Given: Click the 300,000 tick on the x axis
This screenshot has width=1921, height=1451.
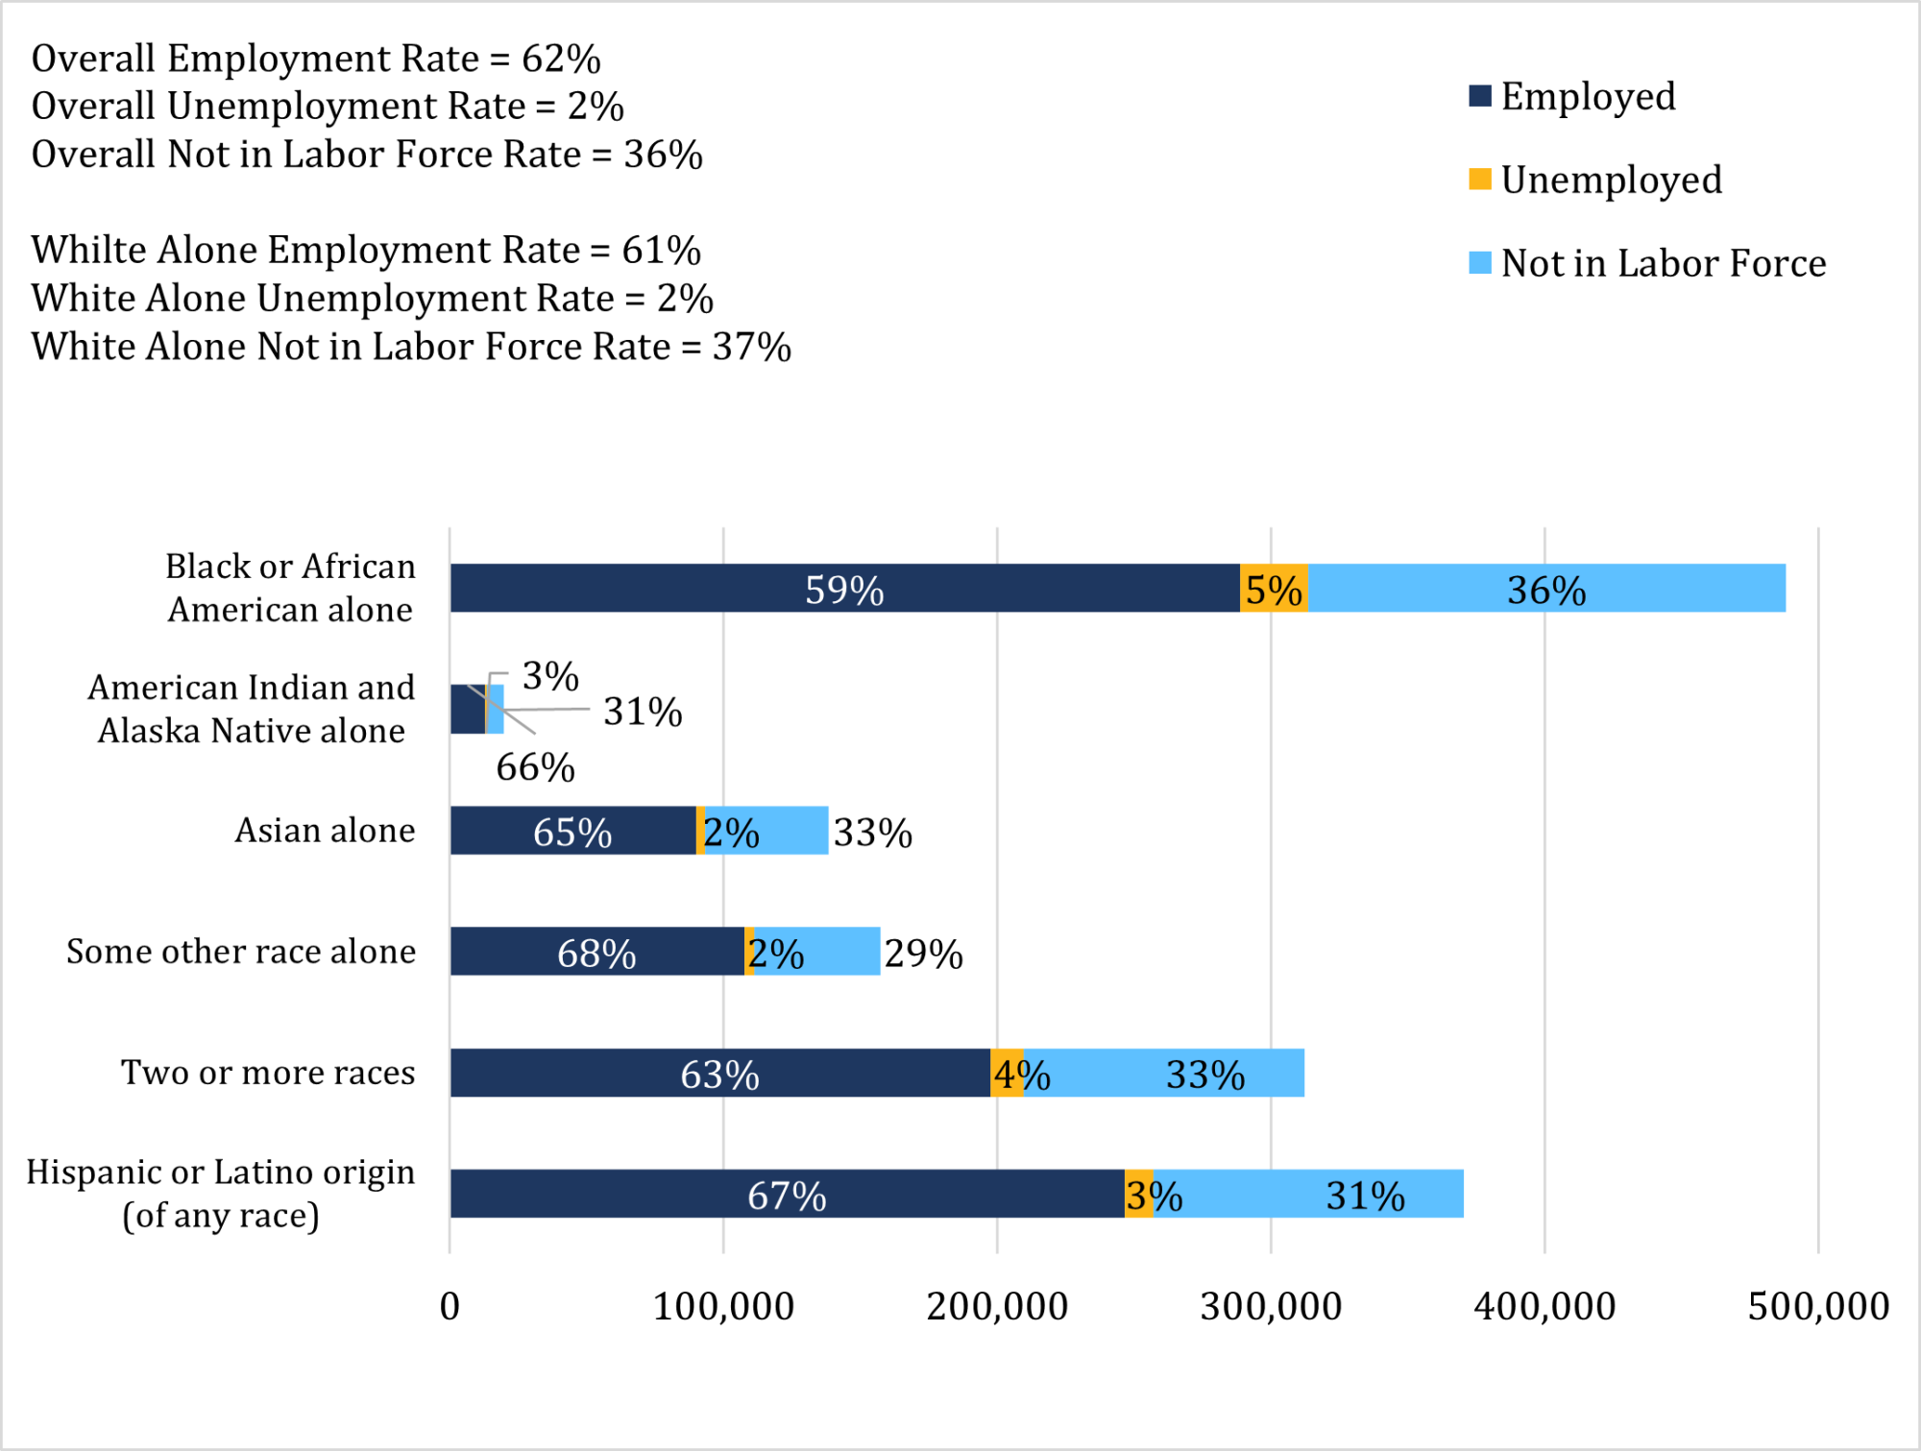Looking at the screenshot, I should click(1271, 1307).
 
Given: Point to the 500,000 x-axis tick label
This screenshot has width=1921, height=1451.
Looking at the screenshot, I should click(1817, 1307).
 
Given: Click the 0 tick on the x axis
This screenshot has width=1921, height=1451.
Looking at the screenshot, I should click(450, 1307).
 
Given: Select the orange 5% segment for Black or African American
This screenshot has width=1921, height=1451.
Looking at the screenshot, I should click(1274, 589).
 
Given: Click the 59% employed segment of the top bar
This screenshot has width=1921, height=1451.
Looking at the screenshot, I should click(843, 589).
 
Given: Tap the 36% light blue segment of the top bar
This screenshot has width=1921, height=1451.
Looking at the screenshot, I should click(1546, 589).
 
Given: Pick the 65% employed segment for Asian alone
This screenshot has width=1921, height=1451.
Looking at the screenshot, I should click(572, 832).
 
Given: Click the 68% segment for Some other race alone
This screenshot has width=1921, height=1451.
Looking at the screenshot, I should click(596, 953).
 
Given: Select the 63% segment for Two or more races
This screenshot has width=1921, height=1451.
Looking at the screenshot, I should click(719, 1074).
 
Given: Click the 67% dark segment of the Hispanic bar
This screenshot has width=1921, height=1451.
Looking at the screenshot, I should click(787, 1195).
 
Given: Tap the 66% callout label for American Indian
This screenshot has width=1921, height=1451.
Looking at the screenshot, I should click(535, 767).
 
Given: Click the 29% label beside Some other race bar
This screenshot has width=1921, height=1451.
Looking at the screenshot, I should click(923, 954).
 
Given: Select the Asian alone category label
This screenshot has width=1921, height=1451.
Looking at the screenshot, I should click(325, 831).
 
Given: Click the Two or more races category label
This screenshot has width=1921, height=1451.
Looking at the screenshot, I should click(268, 1073).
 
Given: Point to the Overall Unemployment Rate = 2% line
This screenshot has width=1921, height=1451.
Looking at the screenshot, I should click(328, 107).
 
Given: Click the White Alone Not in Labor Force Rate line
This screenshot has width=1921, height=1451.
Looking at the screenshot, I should click(411, 347).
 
